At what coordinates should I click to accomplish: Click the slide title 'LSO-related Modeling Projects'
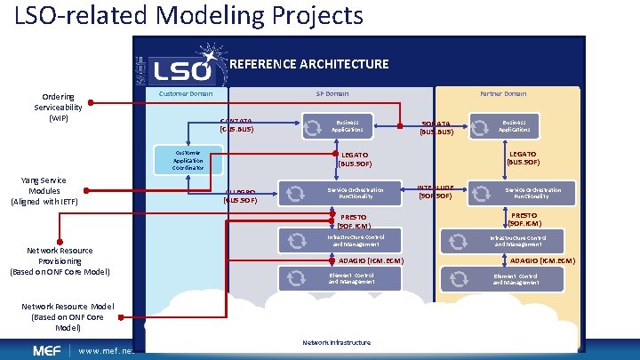[188, 16]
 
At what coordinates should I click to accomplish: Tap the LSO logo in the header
[180, 67]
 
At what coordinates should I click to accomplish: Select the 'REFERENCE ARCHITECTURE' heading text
[308, 64]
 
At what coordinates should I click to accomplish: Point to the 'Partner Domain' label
[503, 93]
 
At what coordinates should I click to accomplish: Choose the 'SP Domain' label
[332, 93]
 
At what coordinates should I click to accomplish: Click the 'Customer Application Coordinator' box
[188, 159]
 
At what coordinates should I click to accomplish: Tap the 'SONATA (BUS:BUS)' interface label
[436, 128]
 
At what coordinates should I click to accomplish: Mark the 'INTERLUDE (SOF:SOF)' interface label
[436, 192]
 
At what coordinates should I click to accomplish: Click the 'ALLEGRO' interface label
[240, 196]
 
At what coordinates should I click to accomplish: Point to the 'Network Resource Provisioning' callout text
[60, 261]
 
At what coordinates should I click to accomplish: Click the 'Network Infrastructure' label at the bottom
[337, 342]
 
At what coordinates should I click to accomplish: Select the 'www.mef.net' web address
[105, 350]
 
